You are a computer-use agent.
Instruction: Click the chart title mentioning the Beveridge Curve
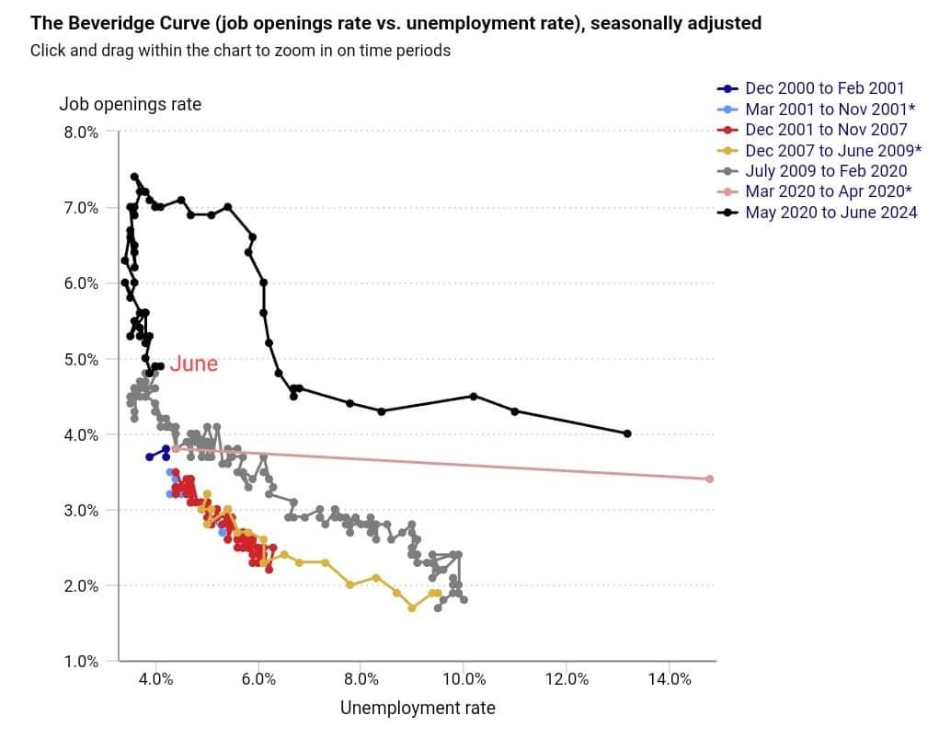[x=395, y=23]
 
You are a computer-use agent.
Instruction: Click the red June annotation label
[x=193, y=364]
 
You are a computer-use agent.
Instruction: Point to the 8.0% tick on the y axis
[x=81, y=132]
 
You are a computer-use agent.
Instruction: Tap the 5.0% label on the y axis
[x=81, y=359]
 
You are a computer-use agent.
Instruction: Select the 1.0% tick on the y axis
[x=81, y=661]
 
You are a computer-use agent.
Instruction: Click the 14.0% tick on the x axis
[x=670, y=679]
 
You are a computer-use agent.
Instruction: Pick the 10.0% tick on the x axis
[x=464, y=679]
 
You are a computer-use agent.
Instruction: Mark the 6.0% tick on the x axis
[x=258, y=679]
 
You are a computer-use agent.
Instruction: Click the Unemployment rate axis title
[x=418, y=708]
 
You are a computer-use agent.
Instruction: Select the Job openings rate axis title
[x=130, y=104]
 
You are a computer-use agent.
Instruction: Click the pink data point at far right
[x=710, y=479]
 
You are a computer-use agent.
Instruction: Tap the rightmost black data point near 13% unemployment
[x=627, y=433]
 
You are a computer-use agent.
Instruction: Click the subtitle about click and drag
[x=240, y=51]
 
